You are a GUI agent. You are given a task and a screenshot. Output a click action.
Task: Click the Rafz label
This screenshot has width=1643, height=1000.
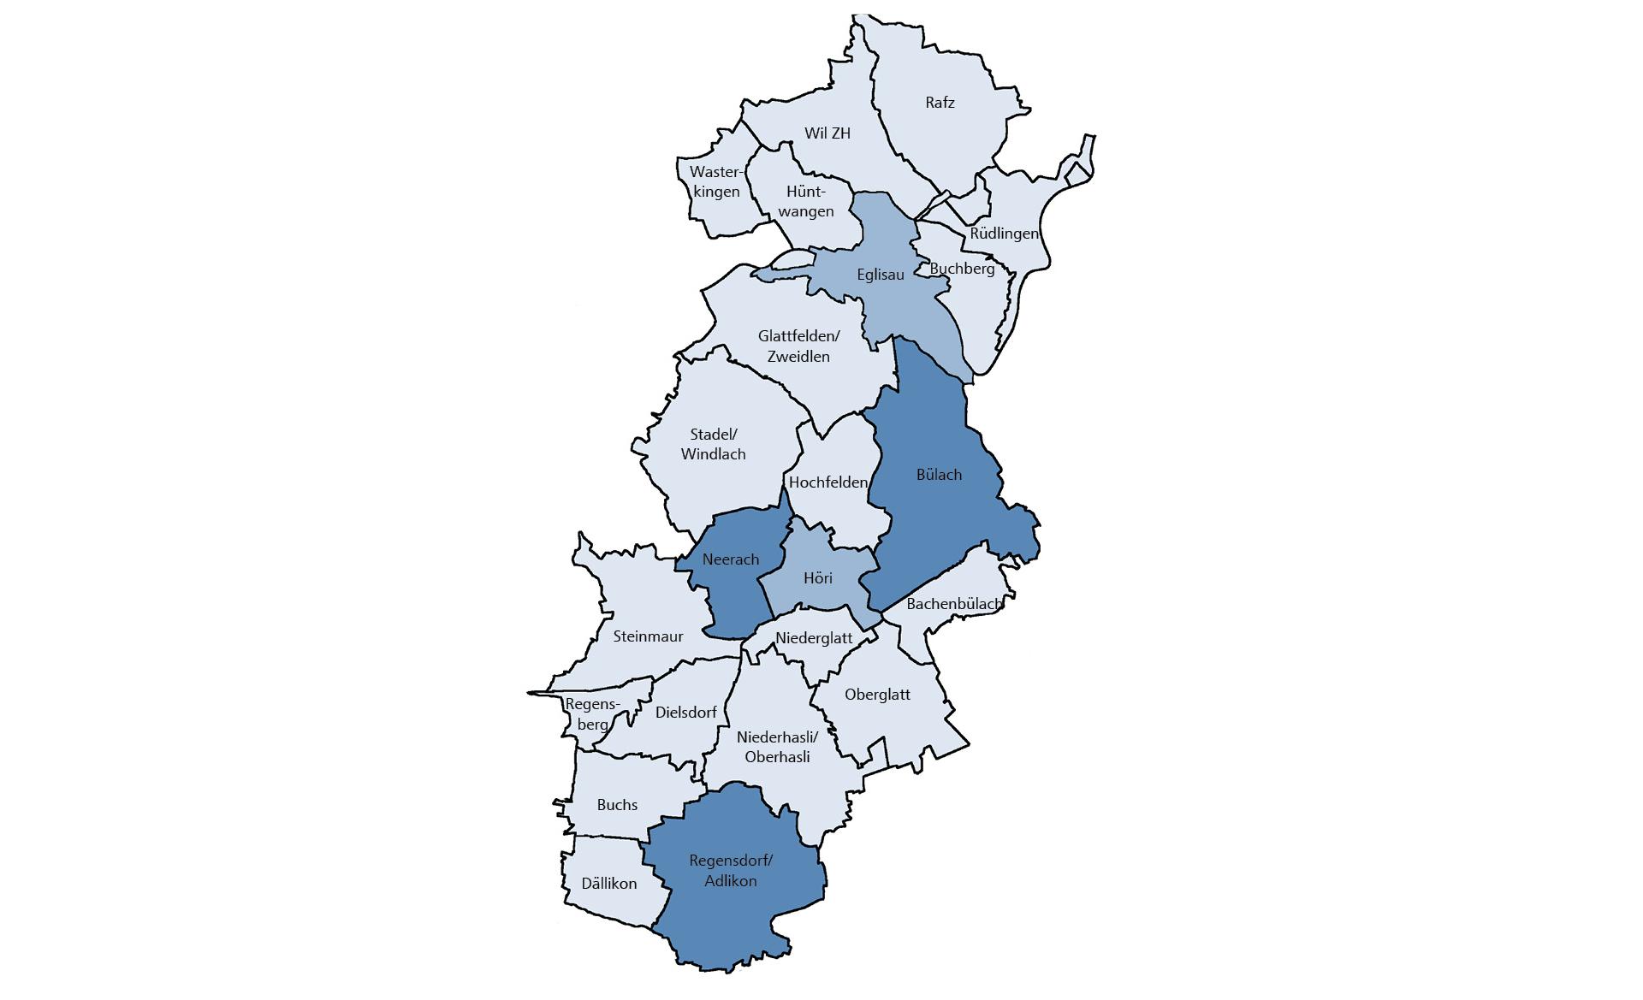[940, 103]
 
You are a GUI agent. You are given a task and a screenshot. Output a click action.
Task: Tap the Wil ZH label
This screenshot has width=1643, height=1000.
[827, 133]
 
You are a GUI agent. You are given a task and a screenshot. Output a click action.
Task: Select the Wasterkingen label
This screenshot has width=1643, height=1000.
[716, 181]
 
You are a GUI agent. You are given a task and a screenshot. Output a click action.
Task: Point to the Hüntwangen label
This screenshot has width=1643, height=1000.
[805, 202]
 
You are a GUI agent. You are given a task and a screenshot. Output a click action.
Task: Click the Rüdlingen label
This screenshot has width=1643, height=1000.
[1004, 234]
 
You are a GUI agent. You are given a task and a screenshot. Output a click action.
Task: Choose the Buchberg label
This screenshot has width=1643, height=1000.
[962, 269]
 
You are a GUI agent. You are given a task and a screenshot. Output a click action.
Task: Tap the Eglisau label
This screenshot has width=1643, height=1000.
[881, 275]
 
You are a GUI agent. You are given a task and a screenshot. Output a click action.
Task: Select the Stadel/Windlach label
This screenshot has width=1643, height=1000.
[713, 444]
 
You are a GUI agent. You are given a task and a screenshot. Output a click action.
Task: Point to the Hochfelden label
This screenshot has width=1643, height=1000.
[827, 482]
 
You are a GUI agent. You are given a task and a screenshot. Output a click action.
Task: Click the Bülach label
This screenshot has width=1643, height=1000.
[939, 475]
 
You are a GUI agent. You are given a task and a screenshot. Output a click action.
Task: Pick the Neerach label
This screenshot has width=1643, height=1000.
[730, 559]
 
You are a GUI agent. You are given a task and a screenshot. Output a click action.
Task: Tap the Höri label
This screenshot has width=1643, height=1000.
[818, 578]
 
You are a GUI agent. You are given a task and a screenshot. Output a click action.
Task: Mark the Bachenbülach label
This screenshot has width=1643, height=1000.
[953, 604]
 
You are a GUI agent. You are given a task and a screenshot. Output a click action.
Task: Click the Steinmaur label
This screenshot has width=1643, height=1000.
[648, 636]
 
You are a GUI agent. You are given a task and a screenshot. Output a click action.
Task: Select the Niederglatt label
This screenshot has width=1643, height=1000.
[814, 638]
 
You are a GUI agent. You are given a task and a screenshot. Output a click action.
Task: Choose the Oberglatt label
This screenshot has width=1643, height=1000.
[877, 695]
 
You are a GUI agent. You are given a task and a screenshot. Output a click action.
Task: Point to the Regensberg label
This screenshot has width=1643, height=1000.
[590, 714]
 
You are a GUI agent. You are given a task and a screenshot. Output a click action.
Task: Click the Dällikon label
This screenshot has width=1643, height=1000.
[608, 884]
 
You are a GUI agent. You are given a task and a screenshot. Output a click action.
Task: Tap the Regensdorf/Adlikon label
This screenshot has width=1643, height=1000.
[731, 871]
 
